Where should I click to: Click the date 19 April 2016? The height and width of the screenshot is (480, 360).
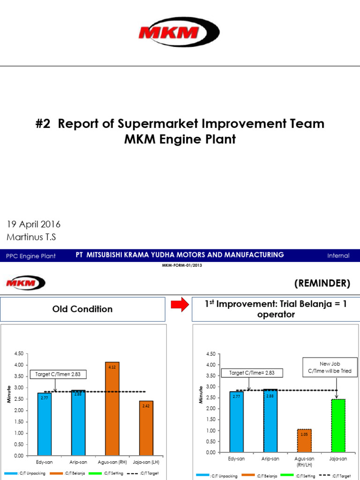(x=34, y=225)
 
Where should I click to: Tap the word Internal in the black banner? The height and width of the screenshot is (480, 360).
(x=338, y=255)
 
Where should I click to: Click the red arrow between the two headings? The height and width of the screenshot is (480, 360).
(x=179, y=306)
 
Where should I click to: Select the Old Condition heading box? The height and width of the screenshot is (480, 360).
(x=82, y=309)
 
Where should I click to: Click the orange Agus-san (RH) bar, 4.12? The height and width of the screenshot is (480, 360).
(x=112, y=408)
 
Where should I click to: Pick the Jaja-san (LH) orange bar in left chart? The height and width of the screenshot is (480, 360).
(x=146, y=427)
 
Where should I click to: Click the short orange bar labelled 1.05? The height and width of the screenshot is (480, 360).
(x=304, y=440)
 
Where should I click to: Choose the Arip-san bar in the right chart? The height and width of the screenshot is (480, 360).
(x=270, y=420)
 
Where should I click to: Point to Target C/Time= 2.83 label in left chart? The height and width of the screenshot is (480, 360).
(x=58, y=375)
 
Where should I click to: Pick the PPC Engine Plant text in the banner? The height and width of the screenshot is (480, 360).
(x=31, y=256)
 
